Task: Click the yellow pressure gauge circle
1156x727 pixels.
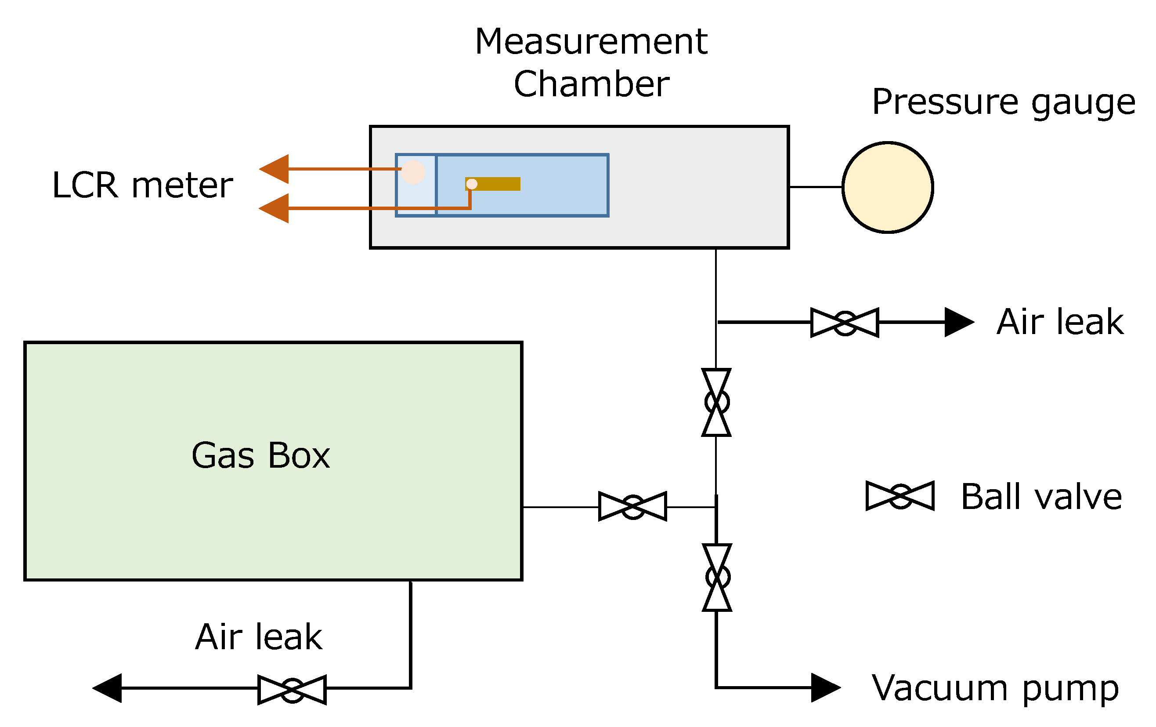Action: click(x=888, y=187)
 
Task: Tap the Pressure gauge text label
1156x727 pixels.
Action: click(x=1003, y=102)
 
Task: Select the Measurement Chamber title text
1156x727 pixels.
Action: click(x=591, y=62)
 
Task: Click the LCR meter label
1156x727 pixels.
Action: click(x=142, y=185)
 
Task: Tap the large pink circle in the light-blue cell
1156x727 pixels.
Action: click(x=413, y=172)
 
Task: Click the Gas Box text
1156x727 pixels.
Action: click(x=261, y=455)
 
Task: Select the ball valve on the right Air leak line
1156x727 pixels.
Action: click(x=845, y=323)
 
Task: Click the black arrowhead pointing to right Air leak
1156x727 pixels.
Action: click(x=958, y=323)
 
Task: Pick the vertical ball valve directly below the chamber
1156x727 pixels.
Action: click(x=716, y=402)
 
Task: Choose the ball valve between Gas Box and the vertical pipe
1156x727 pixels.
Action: click(x=633, y=506)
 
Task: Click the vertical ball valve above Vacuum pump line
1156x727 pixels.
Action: click(x=717, y=577)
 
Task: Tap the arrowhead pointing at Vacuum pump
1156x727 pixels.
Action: click(x=824, y=687)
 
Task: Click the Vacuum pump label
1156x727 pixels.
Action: click(x=995, y=689)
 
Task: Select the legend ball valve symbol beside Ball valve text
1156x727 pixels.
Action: click(x=900, y=495)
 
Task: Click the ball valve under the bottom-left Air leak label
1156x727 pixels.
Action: click(x=292, y=690)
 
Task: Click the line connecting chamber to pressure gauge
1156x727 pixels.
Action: click(x=815, y=187)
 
